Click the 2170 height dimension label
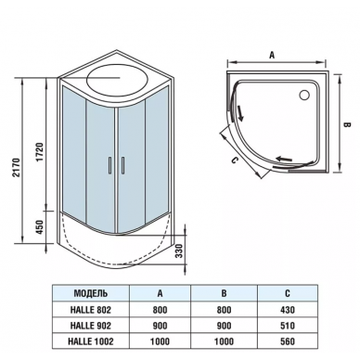18,167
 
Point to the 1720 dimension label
41,152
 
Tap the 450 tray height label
41,227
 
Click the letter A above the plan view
272,55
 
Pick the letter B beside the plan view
347,124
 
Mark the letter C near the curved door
235,161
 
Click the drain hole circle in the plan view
304,95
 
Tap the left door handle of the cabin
109,165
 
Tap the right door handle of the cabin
122,165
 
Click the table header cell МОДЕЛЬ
91,293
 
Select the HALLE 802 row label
91,310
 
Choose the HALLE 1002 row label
91,341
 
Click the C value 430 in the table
288,310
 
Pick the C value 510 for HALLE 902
288,326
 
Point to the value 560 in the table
288,341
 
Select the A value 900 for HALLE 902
160,326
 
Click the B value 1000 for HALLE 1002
224,341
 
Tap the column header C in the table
288,293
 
